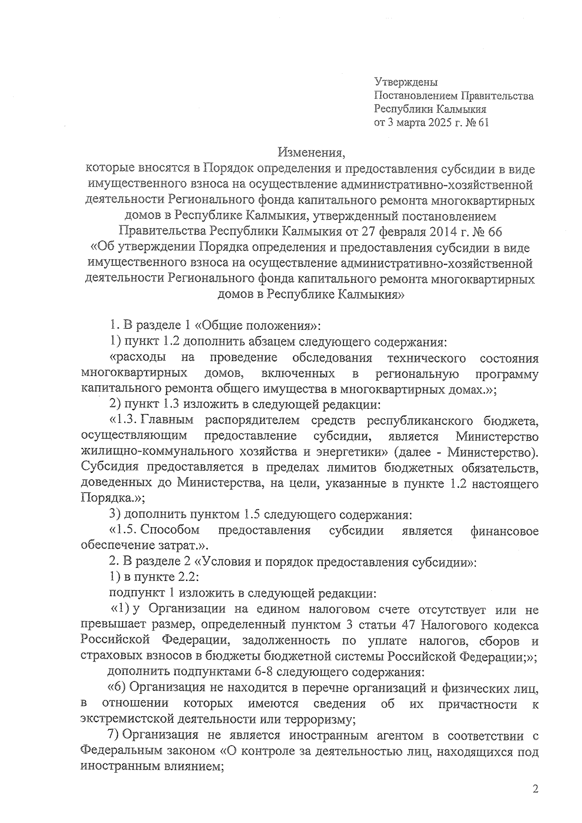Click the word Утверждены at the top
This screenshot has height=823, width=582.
click(406, 83)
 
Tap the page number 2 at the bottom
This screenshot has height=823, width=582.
click(535, 789)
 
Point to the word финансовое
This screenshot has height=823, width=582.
click(504, 531)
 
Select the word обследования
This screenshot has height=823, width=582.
click(332, 358)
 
